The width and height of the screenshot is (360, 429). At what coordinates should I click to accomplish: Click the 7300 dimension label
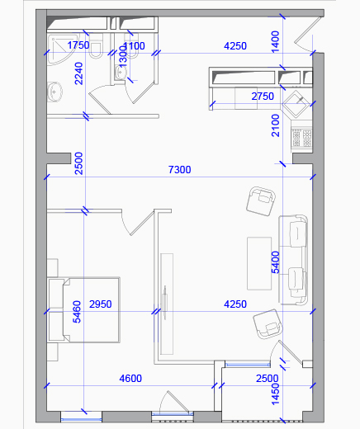pyautogui.click(x=179, y=170)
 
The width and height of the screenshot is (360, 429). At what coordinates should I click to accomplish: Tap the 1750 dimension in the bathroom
pyautogui.click(x=78, y=45)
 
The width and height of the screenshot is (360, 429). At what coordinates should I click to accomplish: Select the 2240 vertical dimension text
pyautogui.click(x=78, y=73)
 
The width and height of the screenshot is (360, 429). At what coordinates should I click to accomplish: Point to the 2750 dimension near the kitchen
pyautogui.click(x=263, y=97)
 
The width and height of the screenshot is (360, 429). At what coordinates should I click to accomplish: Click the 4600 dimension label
pyautogui.click(x=130, y=379)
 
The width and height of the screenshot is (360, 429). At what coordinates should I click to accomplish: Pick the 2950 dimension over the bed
pyautogui.click(x=101, y=304)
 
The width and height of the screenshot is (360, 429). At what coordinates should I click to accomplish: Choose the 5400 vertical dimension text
pyautogui.click(x=276, y=262)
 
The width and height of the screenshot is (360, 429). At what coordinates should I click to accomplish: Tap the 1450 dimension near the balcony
pyautogui.click(x=276, y=394)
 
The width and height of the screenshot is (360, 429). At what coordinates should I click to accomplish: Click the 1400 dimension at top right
pyautogui.click(x=275, y=42)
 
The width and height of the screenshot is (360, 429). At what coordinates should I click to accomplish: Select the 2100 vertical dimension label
pyautogui.click(x=276, y=125)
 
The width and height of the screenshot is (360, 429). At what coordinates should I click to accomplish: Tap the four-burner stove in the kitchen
pyautogui.click(x=301, y=139)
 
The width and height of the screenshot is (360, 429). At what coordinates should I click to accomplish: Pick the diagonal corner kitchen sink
pyautogui.click(x=296, y=104)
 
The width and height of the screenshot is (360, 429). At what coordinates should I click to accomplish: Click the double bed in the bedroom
pyautogui.click(x=83, y=310)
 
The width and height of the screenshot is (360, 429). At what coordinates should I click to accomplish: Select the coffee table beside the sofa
pyautogui.click(x=259, y=263)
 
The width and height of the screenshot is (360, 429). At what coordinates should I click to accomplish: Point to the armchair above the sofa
pyautogui.click(x=261, y=201)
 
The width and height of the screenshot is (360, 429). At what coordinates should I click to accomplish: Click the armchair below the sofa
pyautogui.click(x=268, y=324)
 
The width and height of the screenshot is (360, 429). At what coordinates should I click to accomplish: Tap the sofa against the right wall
pyautogui.click(x=293, y=260)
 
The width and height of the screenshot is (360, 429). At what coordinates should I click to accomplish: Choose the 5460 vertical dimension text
pyautogui.click(x=77, y=312)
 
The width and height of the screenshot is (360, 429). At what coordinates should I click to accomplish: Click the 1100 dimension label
pyautogui.click(x=135, y=46)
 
